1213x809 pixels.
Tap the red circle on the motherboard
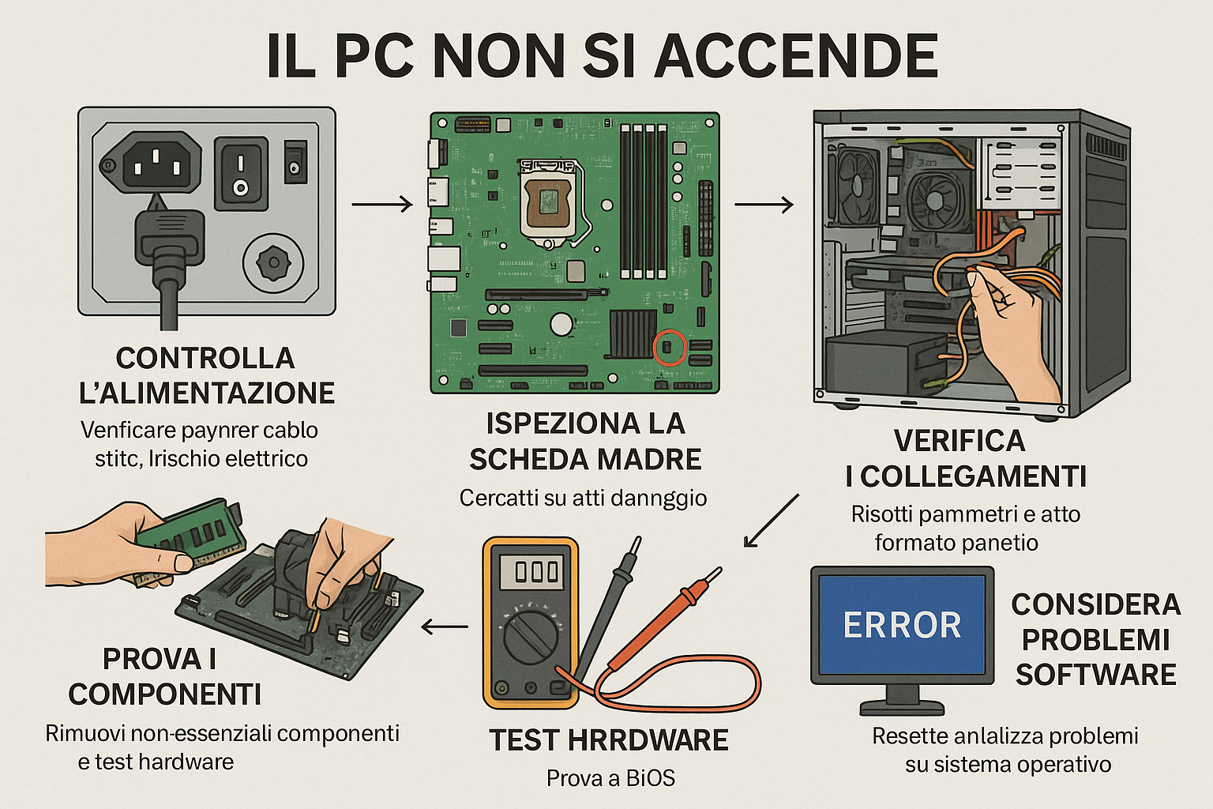click(669, 348)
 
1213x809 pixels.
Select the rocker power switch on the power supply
click(241, 173)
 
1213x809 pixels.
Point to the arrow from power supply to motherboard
click(382, 205)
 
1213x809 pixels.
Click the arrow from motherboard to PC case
click(764, 205)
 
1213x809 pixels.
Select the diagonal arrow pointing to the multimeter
click(772, 521)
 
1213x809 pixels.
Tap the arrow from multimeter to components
click(445, 627)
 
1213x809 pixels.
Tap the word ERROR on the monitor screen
click(902, 626)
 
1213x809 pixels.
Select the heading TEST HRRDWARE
click(608, 740)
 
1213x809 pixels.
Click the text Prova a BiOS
click(610, 778)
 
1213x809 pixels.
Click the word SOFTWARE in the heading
click(1095, 675)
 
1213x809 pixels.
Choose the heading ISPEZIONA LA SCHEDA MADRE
click(584, 442)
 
